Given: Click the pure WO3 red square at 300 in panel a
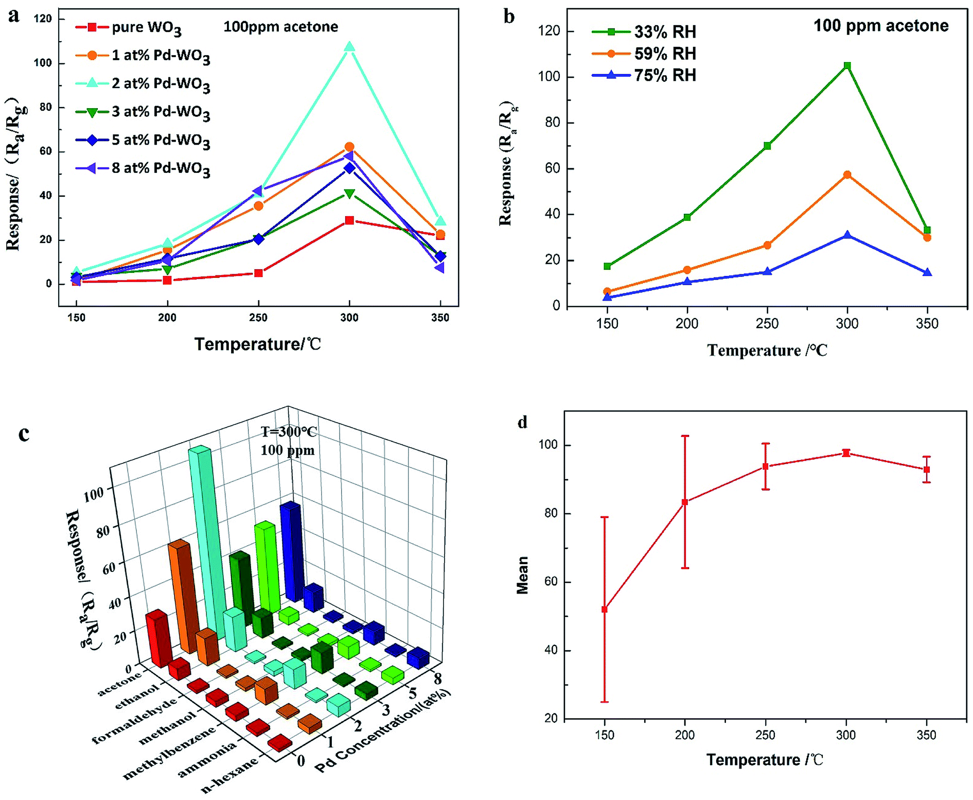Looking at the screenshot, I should click(349, 220).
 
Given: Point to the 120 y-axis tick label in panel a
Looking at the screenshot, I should click(43, 19).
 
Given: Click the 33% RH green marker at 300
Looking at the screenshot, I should click(847, 66).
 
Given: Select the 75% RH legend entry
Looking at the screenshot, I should click(664, 76).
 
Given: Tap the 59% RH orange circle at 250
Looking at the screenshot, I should click(767, 246).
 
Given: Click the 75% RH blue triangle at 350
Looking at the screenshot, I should click(927, 272).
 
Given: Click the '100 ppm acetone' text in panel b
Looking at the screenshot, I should click(880, 26).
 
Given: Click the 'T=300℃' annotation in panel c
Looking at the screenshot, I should click(289, 432).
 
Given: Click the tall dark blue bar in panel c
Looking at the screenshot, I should click(291, 551).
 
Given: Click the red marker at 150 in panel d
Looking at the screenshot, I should click(605, 610).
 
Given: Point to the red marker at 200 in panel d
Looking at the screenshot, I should click(685, 502).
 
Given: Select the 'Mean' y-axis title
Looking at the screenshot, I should click(523, 575).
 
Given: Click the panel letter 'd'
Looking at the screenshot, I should click(523, 423).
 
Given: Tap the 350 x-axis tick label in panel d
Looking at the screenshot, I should click(927, 735).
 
